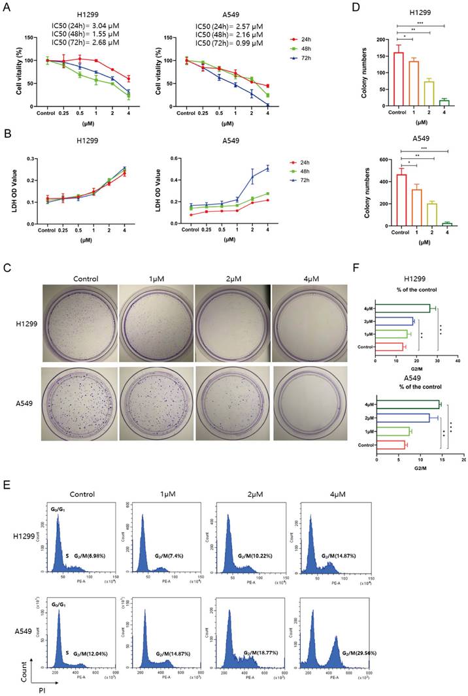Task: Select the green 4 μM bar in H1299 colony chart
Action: coord(444,103)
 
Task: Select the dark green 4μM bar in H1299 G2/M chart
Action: coord(402,308)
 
